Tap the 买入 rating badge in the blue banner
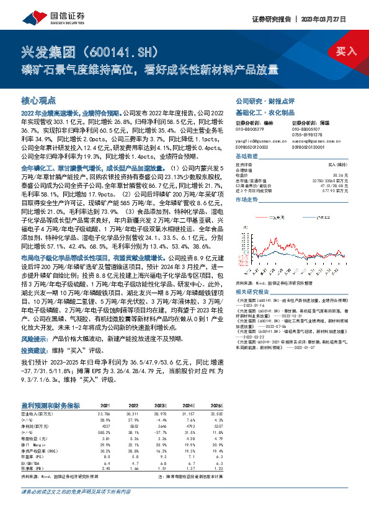(346, 51)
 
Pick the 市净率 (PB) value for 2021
(107, 470)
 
